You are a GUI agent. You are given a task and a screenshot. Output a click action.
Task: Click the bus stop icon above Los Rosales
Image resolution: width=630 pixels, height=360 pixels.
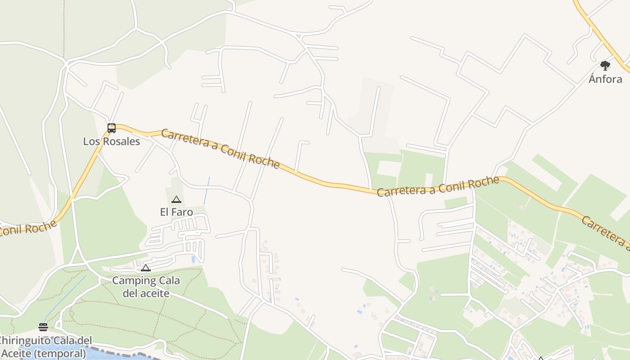click(112, 128)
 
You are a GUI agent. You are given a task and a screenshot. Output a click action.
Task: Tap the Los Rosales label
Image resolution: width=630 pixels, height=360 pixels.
click(112, 141)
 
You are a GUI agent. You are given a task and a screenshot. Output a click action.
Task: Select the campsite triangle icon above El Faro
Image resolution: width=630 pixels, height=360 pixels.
click(176, 199)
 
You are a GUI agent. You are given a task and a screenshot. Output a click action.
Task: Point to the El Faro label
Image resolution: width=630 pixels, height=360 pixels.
click(176, 212)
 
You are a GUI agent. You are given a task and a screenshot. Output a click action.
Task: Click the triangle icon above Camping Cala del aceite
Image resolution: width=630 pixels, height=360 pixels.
click(145, 268)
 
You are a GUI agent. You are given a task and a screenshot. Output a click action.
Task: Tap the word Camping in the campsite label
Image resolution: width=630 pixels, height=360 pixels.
click(128, 281)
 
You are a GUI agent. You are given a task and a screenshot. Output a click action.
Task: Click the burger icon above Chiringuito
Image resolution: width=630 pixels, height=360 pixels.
click(43, 327)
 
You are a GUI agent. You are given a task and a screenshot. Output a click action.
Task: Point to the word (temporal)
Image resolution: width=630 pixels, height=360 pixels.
click(60, 353)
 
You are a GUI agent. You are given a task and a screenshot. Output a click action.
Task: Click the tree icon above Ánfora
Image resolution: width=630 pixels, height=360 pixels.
click(605, 66)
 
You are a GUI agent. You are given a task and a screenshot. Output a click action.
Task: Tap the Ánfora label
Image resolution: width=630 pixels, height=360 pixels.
click(605, 79)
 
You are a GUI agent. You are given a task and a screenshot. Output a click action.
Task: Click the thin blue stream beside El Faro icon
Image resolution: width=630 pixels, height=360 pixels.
click(207, 190)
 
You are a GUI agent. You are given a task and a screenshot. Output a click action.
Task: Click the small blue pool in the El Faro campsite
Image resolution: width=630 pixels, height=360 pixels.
click(193, 259)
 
